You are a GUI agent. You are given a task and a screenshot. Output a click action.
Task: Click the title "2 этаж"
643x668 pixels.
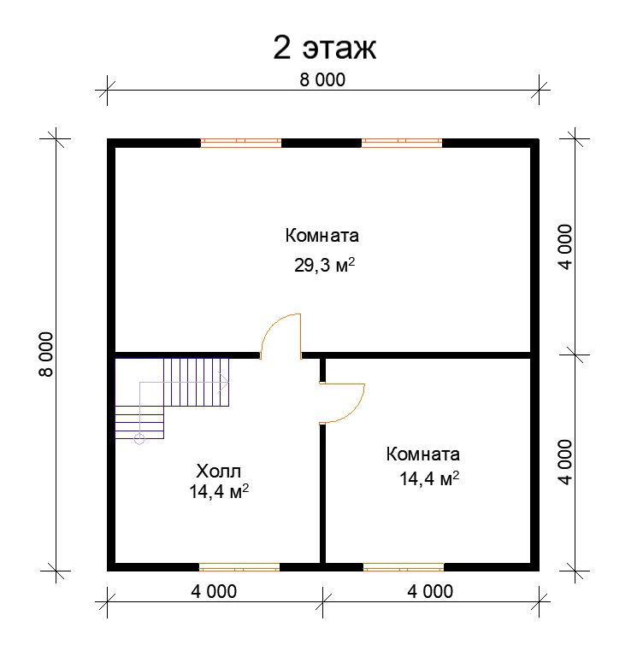click(324, 48)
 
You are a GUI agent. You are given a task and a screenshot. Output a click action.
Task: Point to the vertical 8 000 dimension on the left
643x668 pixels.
click(46, 354)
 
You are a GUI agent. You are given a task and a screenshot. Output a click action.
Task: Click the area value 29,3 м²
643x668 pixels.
click(324, 266)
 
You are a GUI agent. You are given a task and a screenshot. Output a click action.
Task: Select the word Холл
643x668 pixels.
click(219, 471)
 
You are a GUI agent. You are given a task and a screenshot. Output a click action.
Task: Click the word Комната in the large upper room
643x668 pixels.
click(322, 236)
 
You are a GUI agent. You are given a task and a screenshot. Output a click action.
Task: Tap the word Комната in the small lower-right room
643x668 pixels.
click(423, 454)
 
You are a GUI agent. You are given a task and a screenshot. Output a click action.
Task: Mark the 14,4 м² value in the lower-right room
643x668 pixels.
click(429, 479)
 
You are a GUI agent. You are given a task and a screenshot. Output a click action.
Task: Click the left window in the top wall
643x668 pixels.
click(241, 143)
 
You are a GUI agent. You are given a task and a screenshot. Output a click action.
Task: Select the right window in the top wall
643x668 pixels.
click(402, 143)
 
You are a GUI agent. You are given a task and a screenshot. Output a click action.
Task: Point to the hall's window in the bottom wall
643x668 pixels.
click(239, 566)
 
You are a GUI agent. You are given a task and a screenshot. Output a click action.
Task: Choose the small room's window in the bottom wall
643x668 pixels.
click(404, 566)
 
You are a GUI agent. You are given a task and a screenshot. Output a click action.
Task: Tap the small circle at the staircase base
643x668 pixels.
click(139, 440)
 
